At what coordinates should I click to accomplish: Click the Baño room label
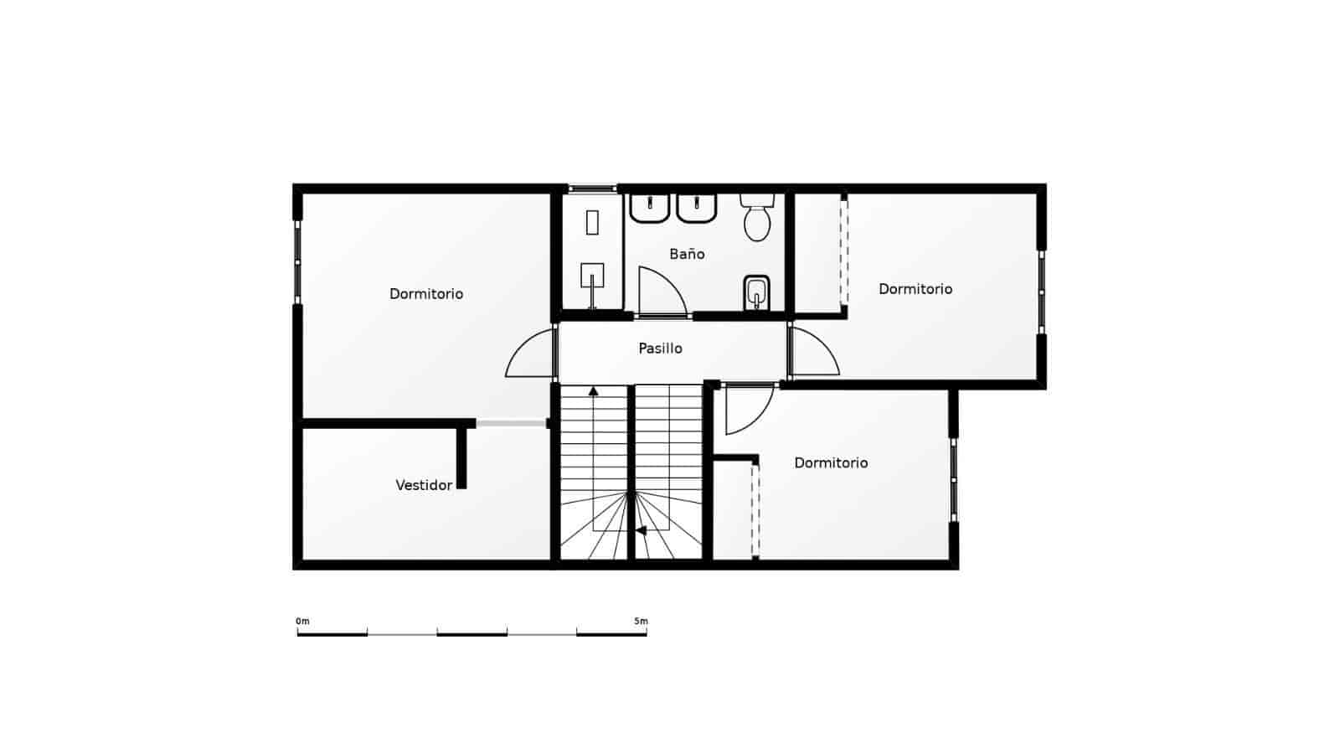click(x=687, y=254)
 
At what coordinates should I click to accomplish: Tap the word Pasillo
click(x=660, y=349)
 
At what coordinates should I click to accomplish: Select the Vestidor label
click(x=424, y=485)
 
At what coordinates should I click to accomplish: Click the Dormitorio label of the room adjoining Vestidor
click(x=426, y=294)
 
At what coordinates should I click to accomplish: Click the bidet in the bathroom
click(x=756, y=292)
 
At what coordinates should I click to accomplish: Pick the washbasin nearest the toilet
click(x=696, y=208)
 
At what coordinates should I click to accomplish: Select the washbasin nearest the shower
click(x=649, y=208)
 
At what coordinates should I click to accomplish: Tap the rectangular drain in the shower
click(x=592, y=222)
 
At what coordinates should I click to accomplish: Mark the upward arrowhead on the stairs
click(x=594, y=390)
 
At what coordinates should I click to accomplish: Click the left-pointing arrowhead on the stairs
click(x=641, y=530)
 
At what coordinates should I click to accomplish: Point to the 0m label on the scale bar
click(x=302, y=622)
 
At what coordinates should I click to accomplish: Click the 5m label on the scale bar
click(x=641, y=622)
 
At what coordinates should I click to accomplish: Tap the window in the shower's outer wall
click(x=592, y=188)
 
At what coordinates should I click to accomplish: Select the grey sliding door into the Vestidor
click(x=511, y=424)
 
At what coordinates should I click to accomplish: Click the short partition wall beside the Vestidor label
click(x=461, y=457)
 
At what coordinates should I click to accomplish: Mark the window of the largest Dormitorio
click(x=297, y=262)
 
